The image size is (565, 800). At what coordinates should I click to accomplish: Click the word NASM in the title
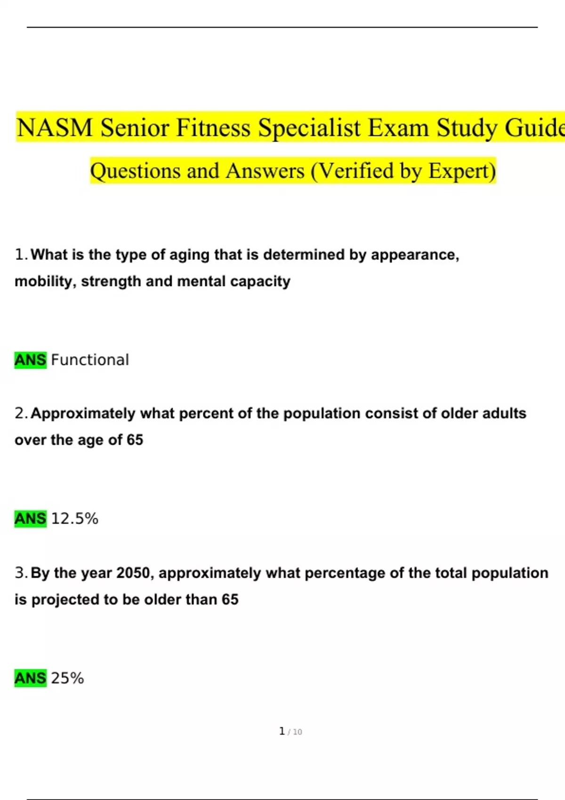coord(55,128)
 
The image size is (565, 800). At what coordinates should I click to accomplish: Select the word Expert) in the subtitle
coord(462,171)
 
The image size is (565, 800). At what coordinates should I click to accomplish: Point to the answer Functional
coord(90,360)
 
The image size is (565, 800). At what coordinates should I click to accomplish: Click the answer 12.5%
coord(75,519)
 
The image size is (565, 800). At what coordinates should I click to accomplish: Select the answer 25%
coord(67,678)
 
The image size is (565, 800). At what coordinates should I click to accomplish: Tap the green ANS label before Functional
coord(31,360)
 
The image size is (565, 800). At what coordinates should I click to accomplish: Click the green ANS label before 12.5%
coord(31,519)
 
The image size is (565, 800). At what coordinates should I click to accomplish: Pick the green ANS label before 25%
coord(31,678)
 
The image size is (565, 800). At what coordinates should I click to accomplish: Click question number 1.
coord(21,255)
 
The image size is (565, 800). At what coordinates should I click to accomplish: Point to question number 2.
coord(21,413)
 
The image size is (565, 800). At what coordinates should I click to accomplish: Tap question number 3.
coord(21,573)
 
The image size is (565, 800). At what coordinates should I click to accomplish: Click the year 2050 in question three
coord(133,573)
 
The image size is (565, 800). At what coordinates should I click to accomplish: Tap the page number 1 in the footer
coord(282,731)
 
